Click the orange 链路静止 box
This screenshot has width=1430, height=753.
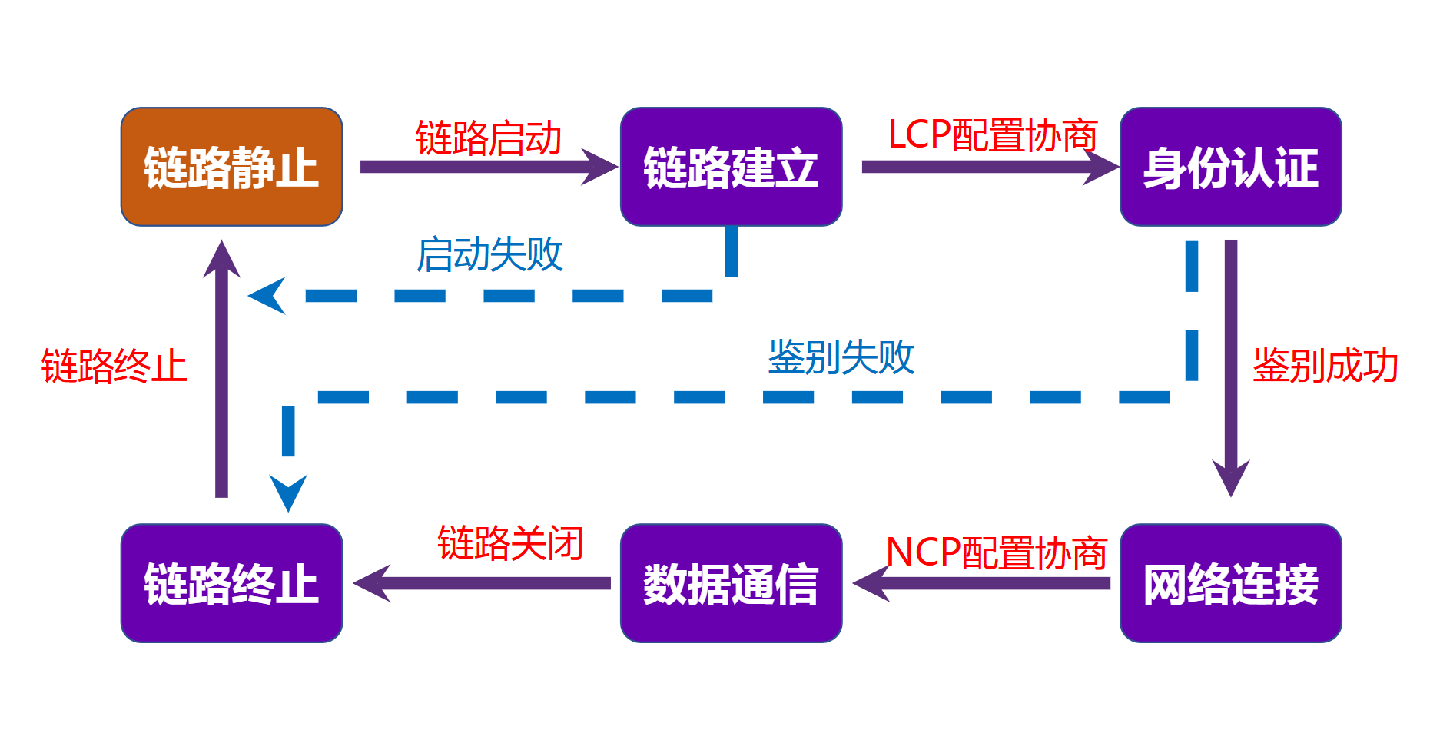231,167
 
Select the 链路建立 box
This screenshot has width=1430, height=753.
731,167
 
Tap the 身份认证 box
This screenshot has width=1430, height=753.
1230,167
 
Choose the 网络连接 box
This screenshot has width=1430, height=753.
1230,583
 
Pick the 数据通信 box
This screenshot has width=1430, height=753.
731,583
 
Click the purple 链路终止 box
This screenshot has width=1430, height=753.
231,583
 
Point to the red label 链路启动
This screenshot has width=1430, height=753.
489,138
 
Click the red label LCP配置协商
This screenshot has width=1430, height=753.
993,135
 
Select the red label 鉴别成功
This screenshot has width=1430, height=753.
1325,366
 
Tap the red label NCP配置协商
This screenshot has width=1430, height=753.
997,553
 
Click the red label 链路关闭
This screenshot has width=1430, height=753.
511,543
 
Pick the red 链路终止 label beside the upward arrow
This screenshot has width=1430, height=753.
114,366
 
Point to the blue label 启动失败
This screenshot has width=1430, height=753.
490,255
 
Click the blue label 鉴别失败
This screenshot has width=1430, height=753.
841,357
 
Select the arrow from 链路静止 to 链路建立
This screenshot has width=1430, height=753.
488,167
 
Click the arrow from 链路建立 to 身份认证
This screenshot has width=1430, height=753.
990,167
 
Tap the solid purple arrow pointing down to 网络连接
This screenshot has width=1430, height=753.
1231,369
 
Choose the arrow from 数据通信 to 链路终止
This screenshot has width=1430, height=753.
483,583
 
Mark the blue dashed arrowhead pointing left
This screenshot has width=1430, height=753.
268,296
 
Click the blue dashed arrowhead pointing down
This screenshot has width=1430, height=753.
288,492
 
